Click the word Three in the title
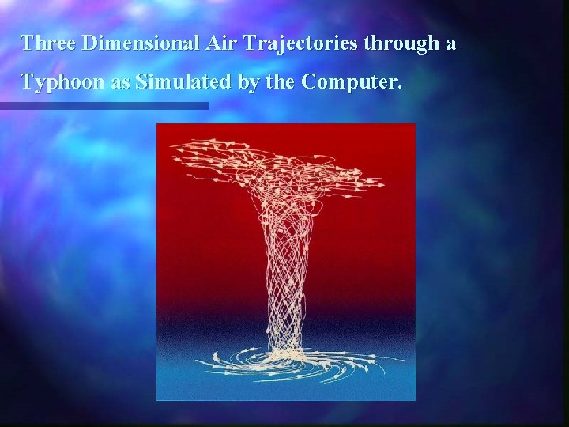coord(47,43)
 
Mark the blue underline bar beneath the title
coord(104,105)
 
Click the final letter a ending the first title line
coord(450,44)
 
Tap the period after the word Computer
coord(399,87)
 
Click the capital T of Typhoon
coord(26,81)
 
